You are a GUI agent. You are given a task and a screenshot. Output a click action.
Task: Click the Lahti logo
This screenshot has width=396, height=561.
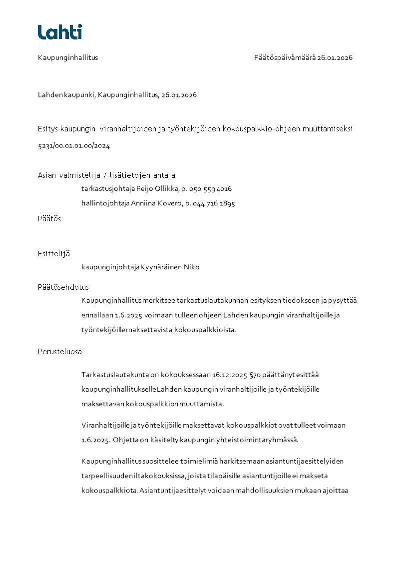(60, 32)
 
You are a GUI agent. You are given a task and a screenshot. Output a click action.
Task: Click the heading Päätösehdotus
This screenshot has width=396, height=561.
(63, 287)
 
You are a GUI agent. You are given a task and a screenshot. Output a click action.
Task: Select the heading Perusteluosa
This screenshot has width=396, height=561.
(60, 352)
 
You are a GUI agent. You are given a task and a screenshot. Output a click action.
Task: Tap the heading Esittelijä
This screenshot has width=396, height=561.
(54, 254)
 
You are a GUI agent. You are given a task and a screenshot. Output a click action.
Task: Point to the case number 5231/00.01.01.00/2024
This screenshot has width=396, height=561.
(74, 146)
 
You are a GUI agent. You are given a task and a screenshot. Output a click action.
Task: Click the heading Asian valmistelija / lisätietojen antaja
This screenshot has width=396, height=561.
(106, 175)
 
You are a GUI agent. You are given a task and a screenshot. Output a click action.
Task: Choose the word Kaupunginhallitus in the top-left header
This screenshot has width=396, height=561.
(68, 57)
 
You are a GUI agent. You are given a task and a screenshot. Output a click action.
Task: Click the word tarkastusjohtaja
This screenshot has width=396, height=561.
(108, 189)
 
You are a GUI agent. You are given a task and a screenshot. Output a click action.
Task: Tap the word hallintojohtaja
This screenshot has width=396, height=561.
(105, 203)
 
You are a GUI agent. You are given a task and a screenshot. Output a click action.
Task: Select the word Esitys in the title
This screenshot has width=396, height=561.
(48, 128)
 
